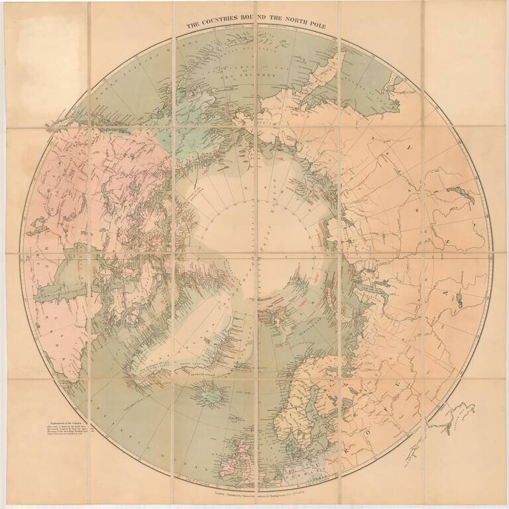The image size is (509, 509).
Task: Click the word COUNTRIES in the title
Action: click(x=225, y=26)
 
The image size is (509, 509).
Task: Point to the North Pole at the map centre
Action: click(x=255, y=255)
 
